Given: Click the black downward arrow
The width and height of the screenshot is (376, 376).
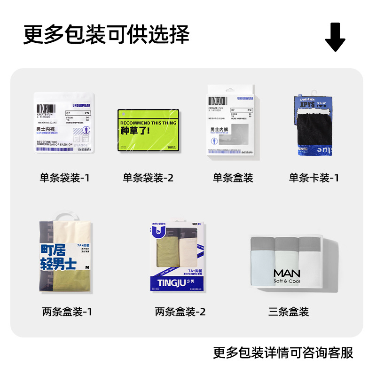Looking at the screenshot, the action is (x=335, y=37).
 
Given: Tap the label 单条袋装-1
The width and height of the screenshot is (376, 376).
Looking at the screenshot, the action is (x=64, y=178).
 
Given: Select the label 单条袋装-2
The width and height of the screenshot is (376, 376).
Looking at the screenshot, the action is (x=148, y=178).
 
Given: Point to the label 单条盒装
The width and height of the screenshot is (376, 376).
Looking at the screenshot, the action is (x=233, y=178).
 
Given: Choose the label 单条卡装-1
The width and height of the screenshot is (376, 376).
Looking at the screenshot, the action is (x=313, y=178).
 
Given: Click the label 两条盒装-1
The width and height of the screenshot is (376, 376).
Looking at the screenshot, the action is (x=67, y=312).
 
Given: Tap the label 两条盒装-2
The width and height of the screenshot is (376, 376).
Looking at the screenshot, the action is (x=180, y=312).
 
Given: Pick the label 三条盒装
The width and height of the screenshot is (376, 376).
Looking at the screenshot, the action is (x=289, y=312).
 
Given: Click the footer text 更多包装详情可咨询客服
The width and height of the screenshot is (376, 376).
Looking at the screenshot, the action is (x=283, y=353).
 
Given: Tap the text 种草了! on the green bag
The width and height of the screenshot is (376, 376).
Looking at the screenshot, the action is (x=135, y=130).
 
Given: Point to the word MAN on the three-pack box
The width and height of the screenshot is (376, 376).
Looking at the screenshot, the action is (x=287, y=273).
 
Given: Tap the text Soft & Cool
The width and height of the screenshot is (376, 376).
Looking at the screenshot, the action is (x=287, y=281).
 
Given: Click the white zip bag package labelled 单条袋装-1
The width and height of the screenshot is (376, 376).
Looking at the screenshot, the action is (x=64, y=122).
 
